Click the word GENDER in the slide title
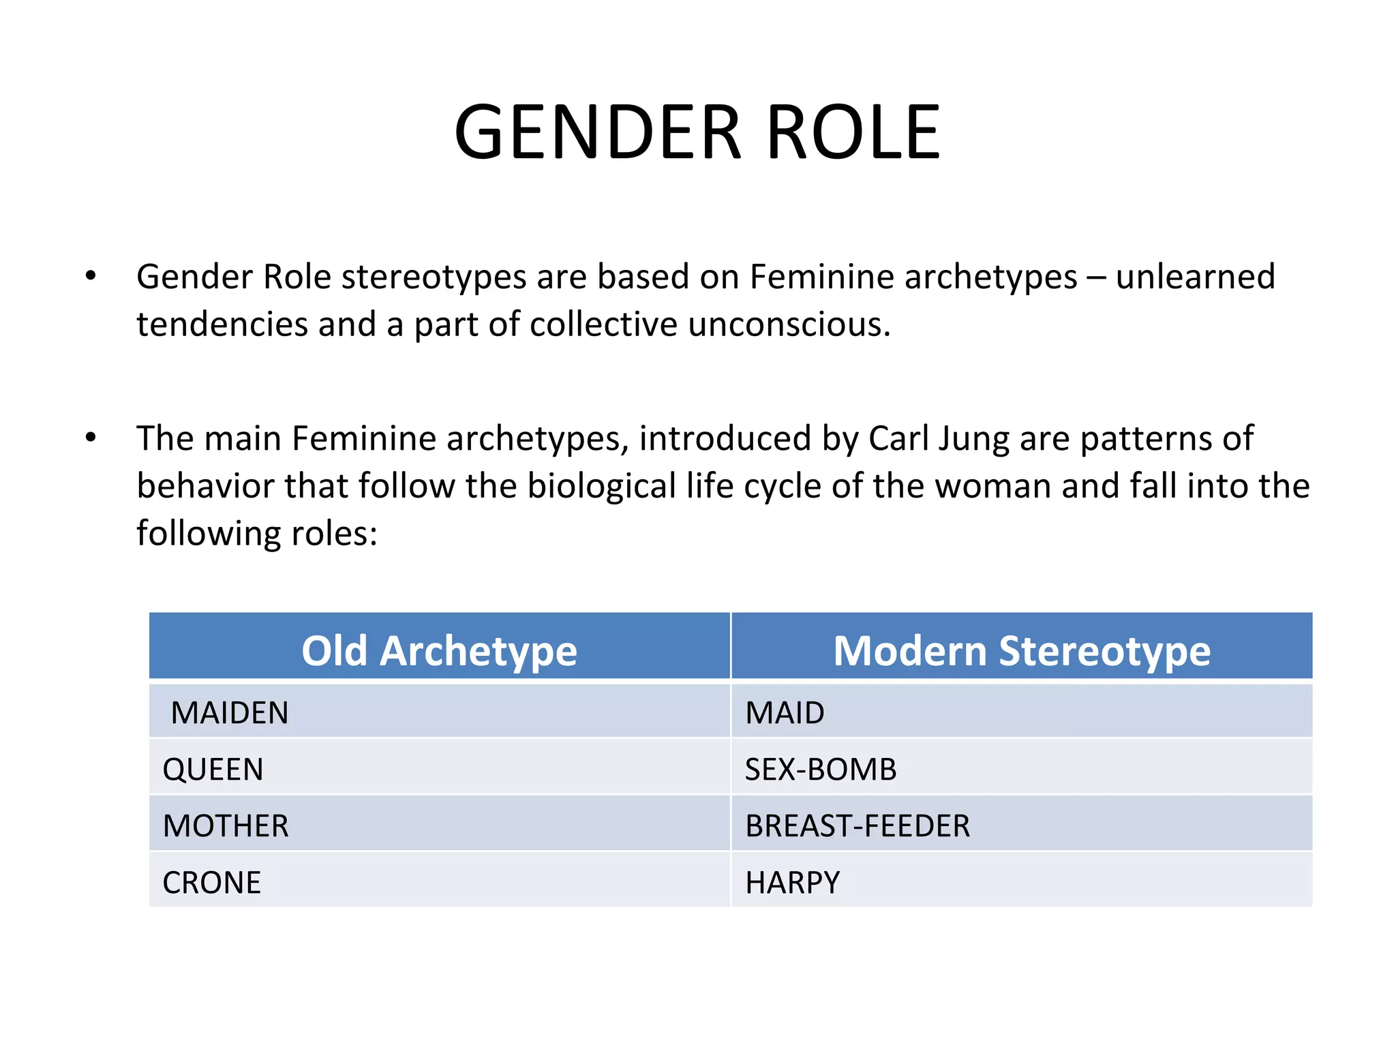[598, 132]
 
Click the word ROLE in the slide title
[853, 132]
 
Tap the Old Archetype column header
[439, 650]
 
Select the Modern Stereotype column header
[1022, 650]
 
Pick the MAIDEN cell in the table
[230, 713]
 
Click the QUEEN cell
[213, 770]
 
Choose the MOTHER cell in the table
[226, 826]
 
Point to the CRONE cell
[211, 883]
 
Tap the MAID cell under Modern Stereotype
[785, 713]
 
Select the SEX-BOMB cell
[821, 770]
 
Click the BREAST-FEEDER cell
[858, 826]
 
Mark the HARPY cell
[792, 883]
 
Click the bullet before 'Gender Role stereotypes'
[91, 276]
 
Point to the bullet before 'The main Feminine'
[91, 438]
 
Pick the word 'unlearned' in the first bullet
[1195, 277]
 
